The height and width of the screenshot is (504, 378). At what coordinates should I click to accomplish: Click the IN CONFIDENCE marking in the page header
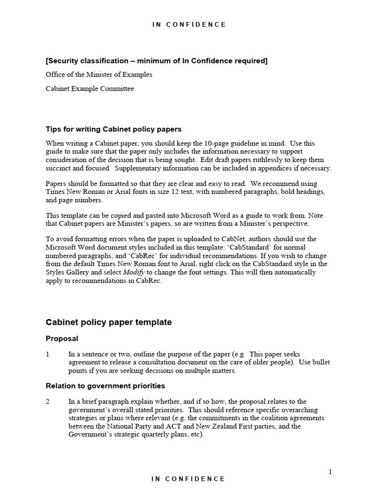[x=189, y=25]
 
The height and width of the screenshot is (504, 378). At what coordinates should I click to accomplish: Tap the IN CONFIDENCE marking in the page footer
[x=189, y=478]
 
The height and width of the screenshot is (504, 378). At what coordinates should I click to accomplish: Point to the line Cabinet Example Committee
[x=90, y=89]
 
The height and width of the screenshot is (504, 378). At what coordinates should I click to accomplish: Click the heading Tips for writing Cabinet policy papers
[x=114, y=129]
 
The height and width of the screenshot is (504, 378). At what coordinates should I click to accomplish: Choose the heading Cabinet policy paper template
[x=109, y=322]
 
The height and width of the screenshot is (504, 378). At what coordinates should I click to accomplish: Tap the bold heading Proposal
[x=62, y=339]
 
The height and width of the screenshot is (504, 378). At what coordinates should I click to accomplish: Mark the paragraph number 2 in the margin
[x=48, y=402]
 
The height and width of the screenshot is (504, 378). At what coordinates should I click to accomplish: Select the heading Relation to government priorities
[x=105, y=385]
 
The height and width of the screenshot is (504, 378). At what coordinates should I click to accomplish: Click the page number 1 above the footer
[x=330, y=472]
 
